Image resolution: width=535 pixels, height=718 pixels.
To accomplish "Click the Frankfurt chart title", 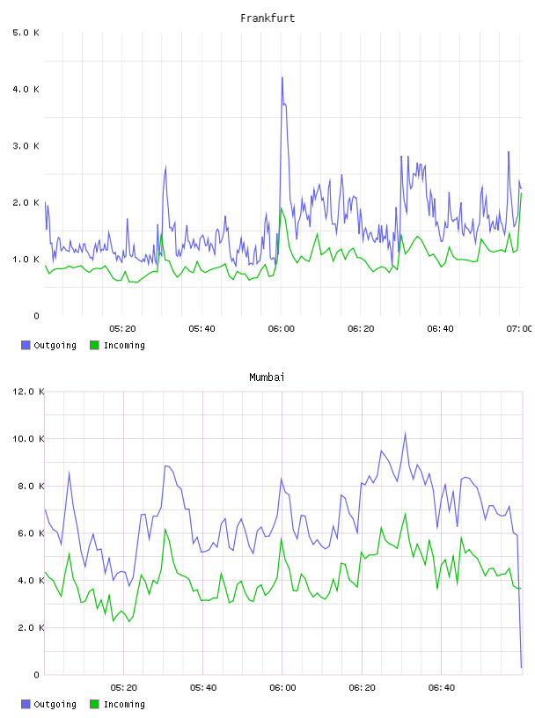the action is pyautogui.click(x=267, y=18).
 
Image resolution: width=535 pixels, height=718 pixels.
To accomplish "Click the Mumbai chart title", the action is pyautogui.click(x=267, y=377).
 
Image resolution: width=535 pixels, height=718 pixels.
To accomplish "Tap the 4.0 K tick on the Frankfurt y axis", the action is pyautogui.click(x=26, y=89).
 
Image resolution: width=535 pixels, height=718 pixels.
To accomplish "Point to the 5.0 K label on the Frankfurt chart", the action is pyautogui.click(x=26, y=33).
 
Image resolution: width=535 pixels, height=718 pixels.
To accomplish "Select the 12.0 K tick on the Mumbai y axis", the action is pyautogui.click(x=28, y=392).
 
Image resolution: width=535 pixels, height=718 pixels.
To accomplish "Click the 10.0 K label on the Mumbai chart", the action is pyautogui.click(x=28, y=439).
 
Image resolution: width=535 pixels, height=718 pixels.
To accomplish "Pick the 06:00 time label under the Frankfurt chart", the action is pyautogui.click(x=282, y=329).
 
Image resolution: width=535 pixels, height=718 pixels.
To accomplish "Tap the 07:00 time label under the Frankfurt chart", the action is pyautogui.click(x=519, y=329).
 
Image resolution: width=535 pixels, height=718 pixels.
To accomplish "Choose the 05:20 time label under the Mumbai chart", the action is pyautogui.click(x=124, y=688).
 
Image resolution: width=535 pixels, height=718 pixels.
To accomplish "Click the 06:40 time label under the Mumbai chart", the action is pyautogui.click(x=442, y=688).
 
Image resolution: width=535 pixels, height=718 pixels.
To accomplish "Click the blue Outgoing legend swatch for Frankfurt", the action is pyautogui.click(x=26, y=345).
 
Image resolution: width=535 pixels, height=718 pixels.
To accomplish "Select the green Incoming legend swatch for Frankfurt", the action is pyautogui.click(x=94, y=345).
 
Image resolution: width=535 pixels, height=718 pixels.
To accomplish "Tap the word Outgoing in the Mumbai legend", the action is pyautogui.click(x=55, y=704).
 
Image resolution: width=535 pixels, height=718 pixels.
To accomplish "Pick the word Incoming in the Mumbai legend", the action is pyautogui.click(x=124, y=704).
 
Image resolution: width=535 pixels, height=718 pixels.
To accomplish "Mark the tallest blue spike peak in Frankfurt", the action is pyautogui.click(x=282, y=77).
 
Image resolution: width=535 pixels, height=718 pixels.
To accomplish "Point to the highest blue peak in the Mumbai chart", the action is pyautogui.click(x=405, y=432).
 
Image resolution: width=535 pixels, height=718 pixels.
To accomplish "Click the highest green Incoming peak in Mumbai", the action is pyautogui.click(x=405, y=514).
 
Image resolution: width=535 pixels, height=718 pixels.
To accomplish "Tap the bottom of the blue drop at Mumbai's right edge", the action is pyautogui.click(x=521, y=668).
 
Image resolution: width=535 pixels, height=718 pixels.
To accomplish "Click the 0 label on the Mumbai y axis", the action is pyautogui.click(x=37, y=675).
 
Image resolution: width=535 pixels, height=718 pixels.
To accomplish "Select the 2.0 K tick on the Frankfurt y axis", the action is pyautogui.click(x=26, y=203).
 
